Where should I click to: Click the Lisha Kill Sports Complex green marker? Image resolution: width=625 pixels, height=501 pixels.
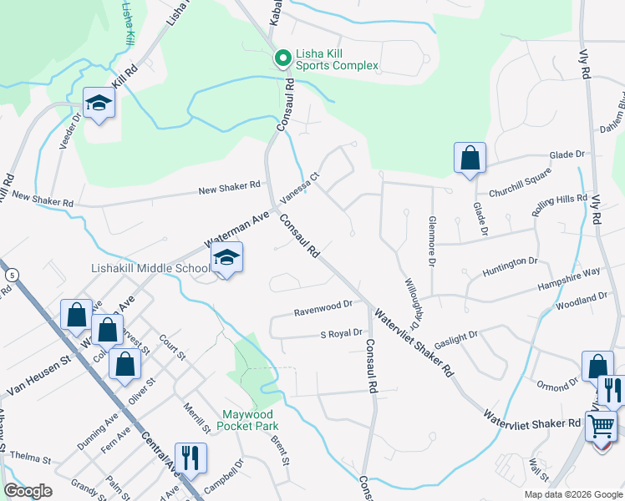[x=282, y=58]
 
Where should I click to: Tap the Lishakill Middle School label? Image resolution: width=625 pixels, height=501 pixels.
[x=150, y=269]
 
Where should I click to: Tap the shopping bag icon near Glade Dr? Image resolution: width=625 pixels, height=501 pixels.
[x=470, y=158]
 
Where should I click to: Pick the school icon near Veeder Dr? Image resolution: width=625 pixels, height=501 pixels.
[x=99, y=104]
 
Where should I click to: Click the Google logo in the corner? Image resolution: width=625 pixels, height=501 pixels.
[x=28, y=492]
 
